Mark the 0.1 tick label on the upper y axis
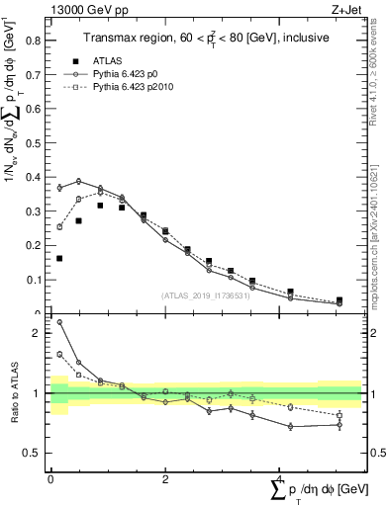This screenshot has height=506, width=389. [x=37, y=280]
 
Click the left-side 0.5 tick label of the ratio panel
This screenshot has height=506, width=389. [x=35, y=453]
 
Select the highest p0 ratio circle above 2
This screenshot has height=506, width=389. [x=59, y=322]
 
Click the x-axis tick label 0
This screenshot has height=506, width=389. [x=50, y=478]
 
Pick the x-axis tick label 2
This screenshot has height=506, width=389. [x=164, y=478]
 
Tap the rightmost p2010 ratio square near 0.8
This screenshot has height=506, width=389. [x=340, y=415]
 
